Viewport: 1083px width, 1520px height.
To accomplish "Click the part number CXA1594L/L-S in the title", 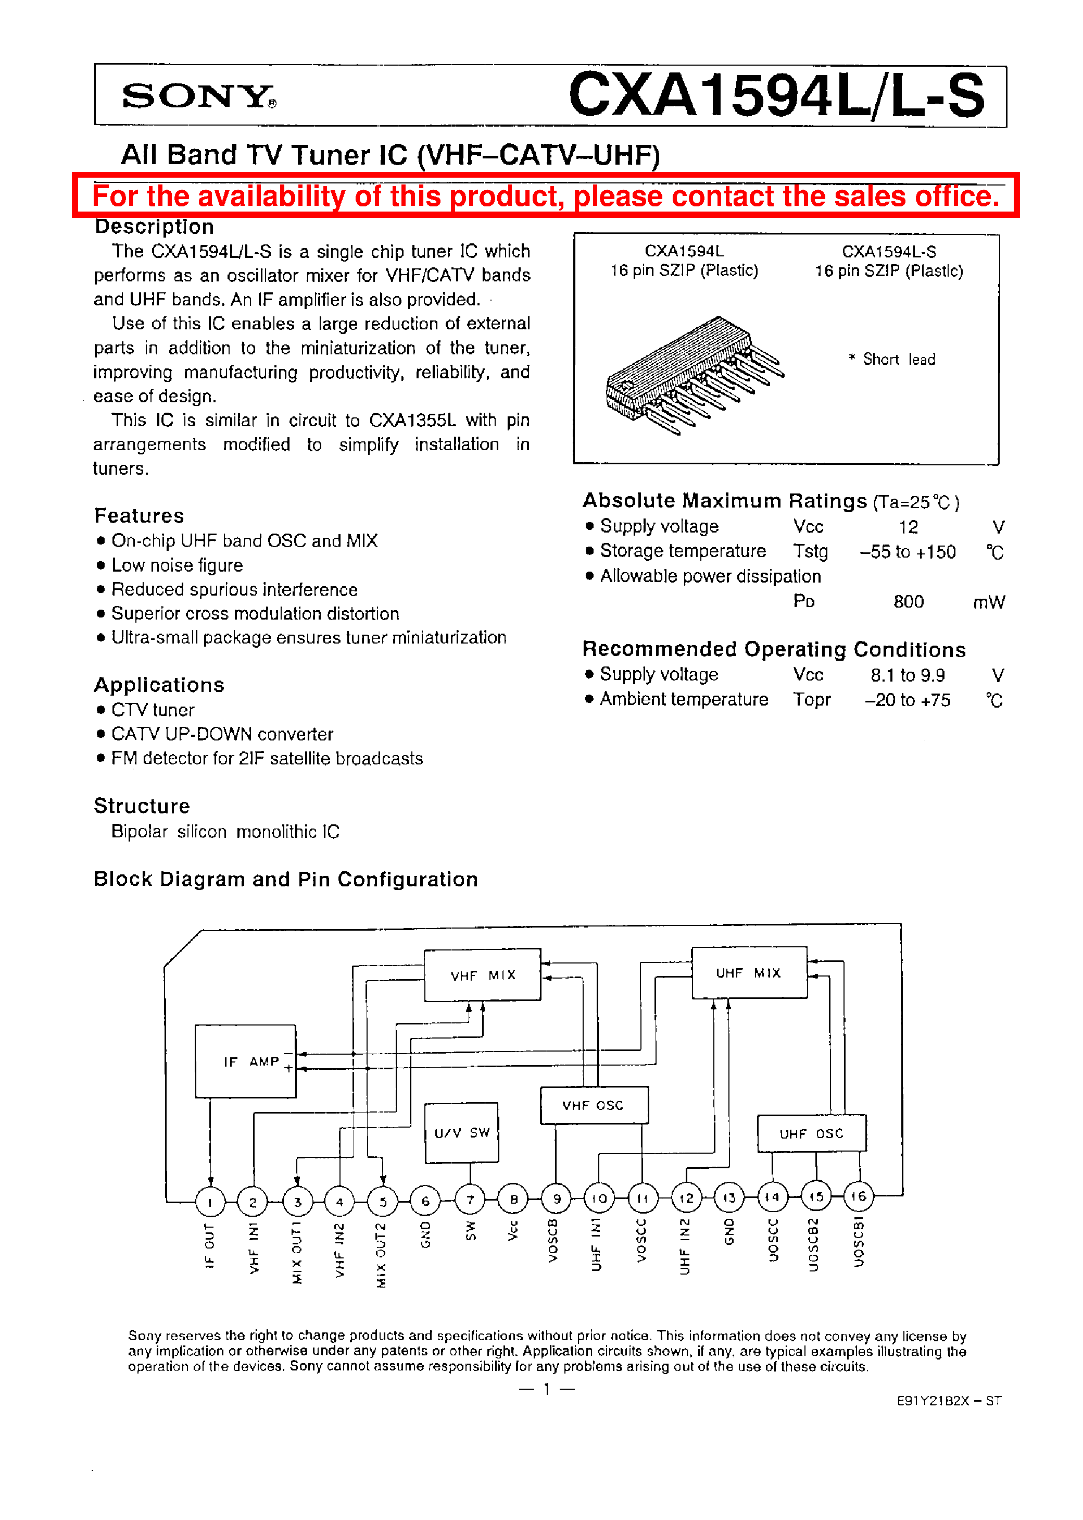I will click(x=776, y=96).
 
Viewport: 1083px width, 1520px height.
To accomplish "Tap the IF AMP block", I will click(x=245, y=1061).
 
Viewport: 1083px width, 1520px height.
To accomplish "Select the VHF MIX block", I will click(x=482, y=975).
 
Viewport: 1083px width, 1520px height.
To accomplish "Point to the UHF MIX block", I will click(x=749, y=973).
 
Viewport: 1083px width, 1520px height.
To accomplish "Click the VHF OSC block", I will click(x=594, y=1105).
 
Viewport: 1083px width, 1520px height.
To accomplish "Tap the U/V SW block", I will click(x=461, y=1132).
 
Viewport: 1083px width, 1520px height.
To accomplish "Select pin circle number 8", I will click(x=513, y=1200).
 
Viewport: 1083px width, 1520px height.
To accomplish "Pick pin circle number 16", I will click(x=858, y=1196).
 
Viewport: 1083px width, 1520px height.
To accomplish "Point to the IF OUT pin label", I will click(x=210, y=1245).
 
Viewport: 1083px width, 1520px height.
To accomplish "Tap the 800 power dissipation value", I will click(x=908, y=602).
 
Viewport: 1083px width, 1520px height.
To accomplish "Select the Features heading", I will click(x=138, y=516).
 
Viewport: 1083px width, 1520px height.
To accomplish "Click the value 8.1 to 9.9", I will click(x=908, y=675).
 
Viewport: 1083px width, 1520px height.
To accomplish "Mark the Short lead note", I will click(x=893, y=359).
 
